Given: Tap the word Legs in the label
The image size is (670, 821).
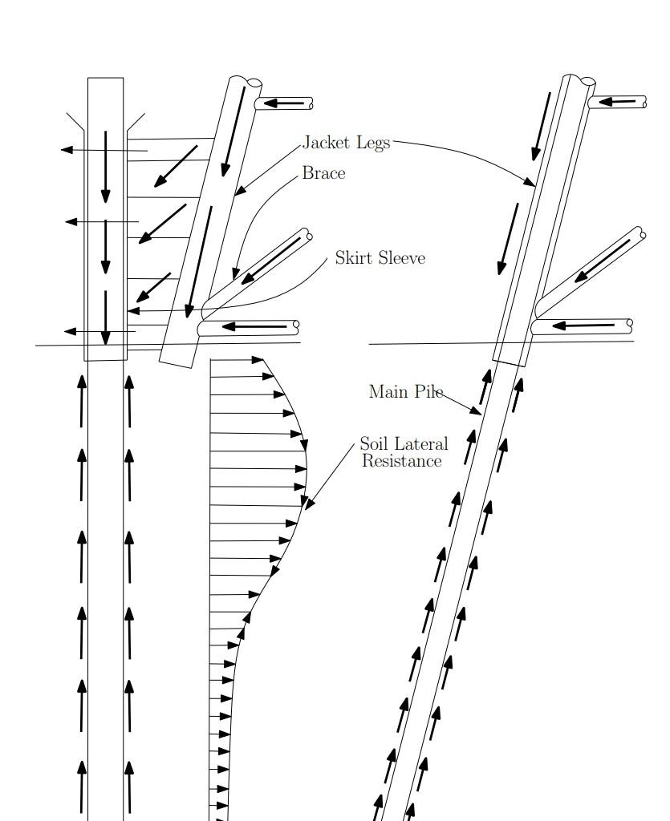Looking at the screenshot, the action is pos(373,144).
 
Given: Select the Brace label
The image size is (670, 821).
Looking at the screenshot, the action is pos(323,173).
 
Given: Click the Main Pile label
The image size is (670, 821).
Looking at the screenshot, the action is pos(406,391).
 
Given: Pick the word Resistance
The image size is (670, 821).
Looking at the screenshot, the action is pos(402,461).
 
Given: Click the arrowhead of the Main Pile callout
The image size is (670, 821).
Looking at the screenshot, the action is pos(477,412).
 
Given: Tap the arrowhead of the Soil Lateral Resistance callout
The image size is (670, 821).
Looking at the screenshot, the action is pos(309,504).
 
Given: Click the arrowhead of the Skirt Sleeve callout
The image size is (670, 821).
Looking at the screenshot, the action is pos(133,311).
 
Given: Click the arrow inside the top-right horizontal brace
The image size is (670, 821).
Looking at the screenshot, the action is pos(617,102).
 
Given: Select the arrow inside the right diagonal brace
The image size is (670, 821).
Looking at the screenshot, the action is pos(602,261).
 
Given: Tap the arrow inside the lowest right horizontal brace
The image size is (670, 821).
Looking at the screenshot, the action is pos(583,326).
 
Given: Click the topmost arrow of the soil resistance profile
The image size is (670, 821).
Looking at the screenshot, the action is pos(236,360).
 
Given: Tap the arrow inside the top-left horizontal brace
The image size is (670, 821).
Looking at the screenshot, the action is pos(283,103).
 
